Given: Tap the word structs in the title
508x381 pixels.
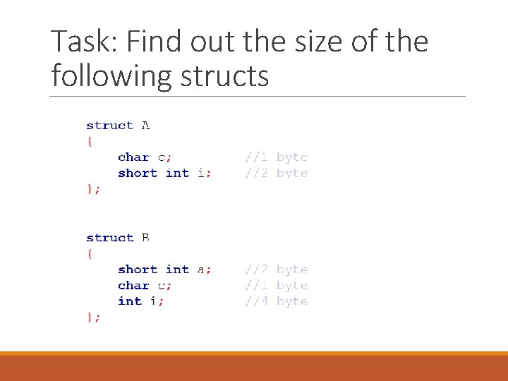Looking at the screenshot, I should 224,75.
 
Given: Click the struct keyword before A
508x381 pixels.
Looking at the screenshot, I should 109,126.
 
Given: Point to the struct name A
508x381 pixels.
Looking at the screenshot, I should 145,126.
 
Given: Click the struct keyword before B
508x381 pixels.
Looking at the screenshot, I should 109,238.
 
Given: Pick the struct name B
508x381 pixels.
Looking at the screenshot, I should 145,238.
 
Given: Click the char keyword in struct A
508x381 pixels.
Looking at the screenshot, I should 133,157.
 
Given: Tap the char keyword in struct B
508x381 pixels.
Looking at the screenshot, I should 133,286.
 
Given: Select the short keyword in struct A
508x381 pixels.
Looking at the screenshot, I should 138,173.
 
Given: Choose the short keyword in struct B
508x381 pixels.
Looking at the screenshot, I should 138,270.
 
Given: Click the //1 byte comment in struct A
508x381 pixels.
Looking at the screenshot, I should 276,157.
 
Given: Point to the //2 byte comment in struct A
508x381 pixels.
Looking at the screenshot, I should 276,173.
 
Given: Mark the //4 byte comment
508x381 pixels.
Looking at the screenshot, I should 276,301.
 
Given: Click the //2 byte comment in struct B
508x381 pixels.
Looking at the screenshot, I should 276,270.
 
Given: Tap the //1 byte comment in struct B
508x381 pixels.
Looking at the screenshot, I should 276,286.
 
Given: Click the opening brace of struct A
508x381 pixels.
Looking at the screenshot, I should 90,141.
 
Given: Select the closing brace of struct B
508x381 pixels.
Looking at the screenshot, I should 92,317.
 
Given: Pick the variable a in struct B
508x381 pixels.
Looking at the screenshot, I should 201,270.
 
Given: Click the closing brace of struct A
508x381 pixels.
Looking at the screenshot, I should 92,189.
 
